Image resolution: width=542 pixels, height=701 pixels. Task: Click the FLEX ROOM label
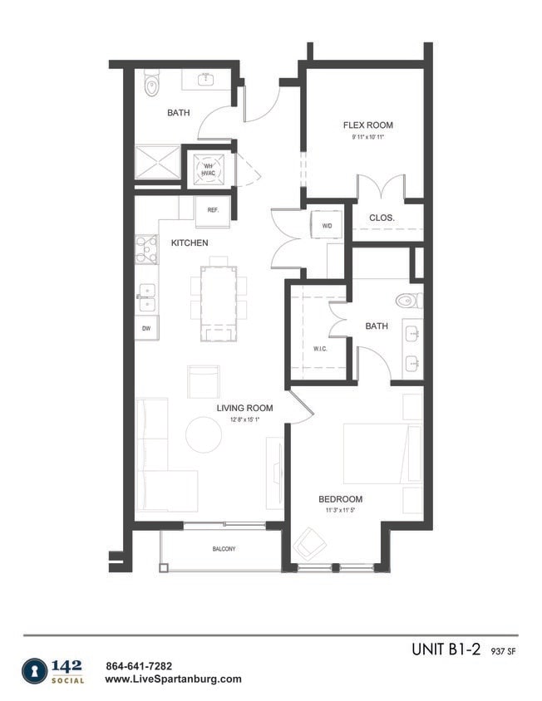(367, 125)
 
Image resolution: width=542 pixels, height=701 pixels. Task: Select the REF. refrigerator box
(213, 211)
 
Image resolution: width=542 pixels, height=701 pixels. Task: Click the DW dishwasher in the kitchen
(146, 328)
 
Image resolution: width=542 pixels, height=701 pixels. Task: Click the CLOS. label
(382, 218)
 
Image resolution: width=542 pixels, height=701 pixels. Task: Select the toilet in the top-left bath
(151, 83)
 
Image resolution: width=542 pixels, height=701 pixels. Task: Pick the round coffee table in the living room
(204, 435)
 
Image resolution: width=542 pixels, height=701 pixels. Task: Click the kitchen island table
(219, 297)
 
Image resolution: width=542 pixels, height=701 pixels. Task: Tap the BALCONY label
(223, 549)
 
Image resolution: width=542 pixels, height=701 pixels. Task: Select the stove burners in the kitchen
(146, 249)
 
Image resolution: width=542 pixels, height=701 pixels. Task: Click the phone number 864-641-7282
(140, 665)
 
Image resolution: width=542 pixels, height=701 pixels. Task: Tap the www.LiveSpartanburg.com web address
(174, 679)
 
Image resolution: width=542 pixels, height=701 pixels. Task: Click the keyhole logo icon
(35, 671)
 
